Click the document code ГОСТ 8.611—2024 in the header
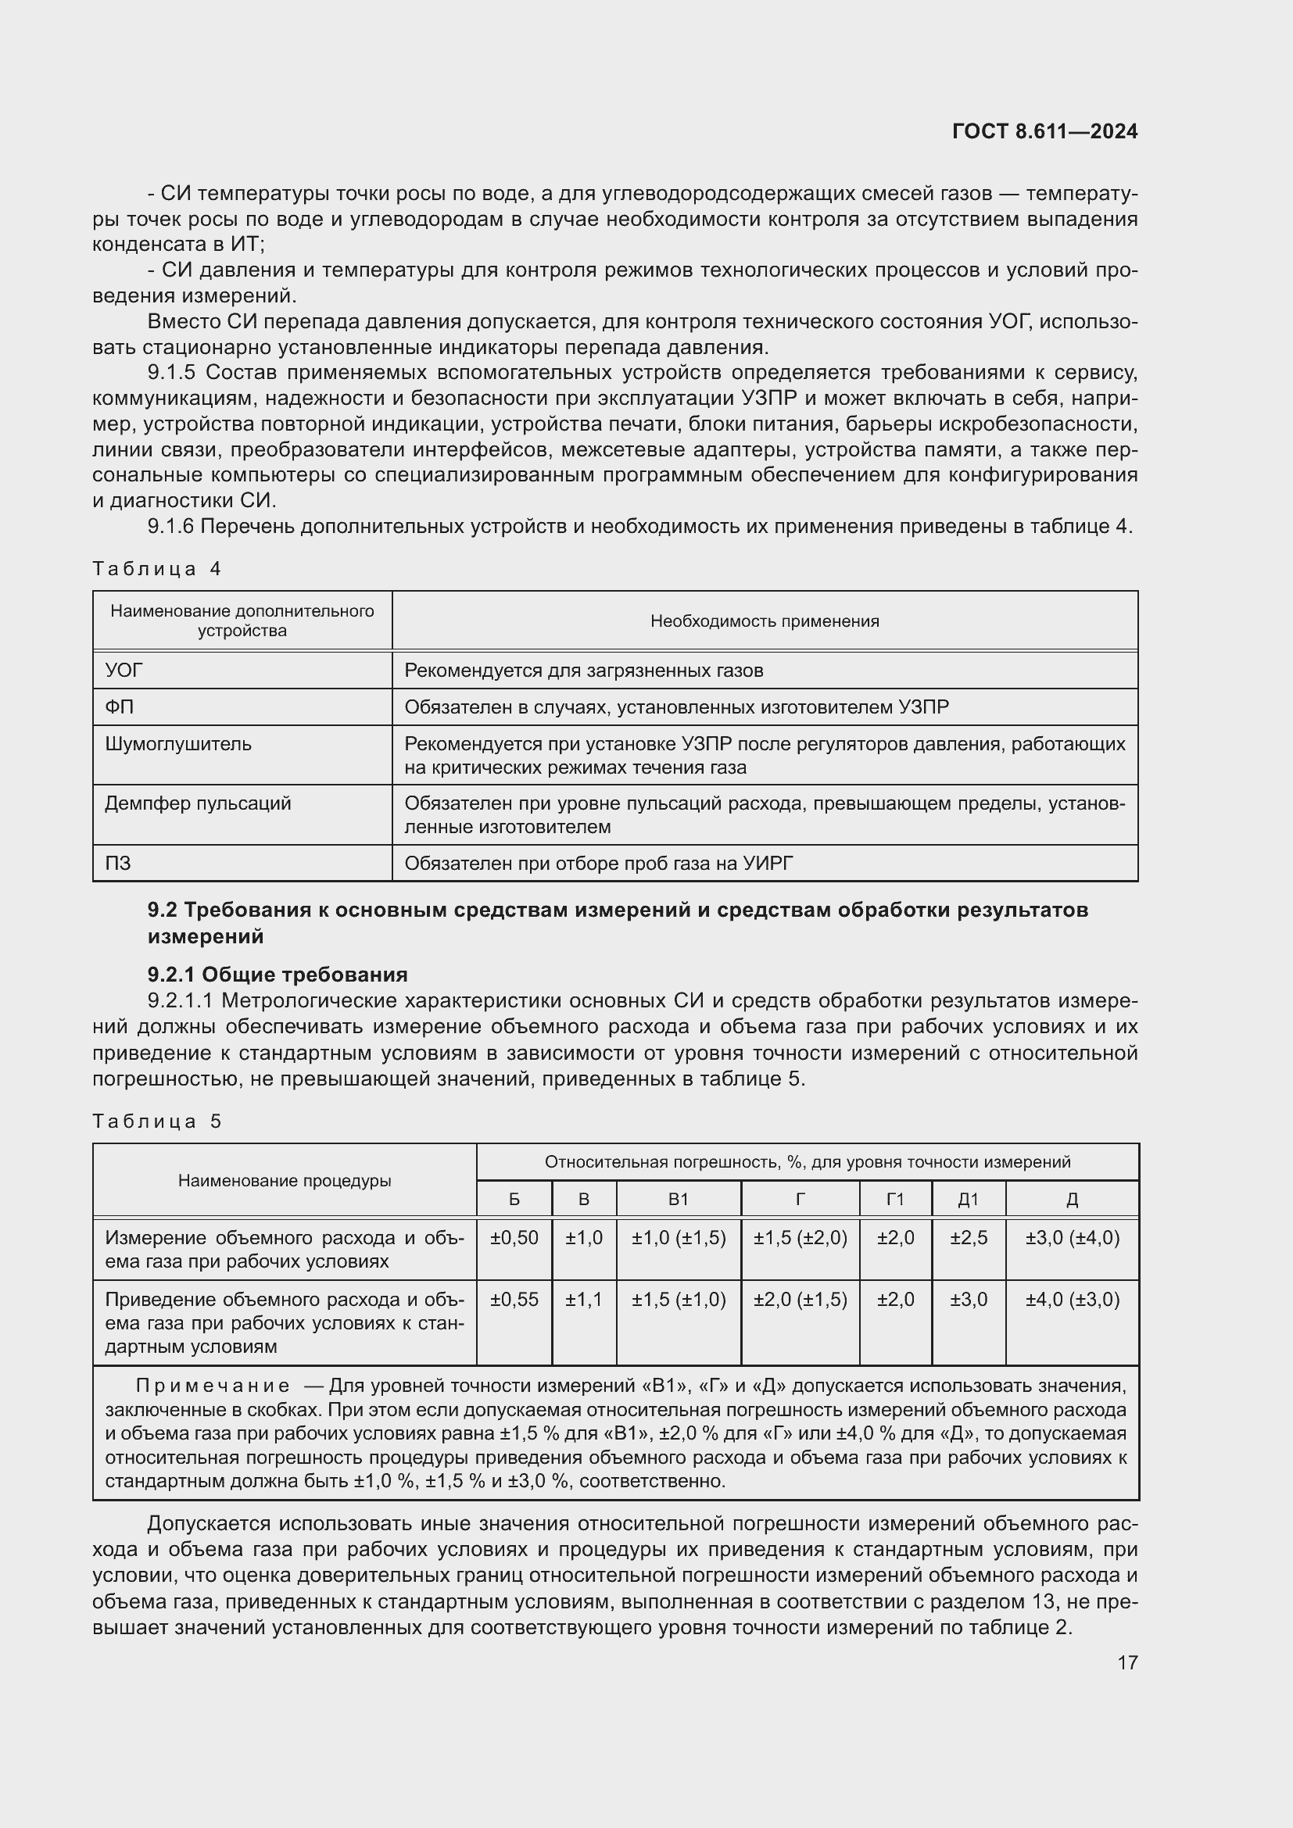(x=1044, y=131)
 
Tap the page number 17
(x=1126, y=1662)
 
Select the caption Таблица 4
(x=156, y=568)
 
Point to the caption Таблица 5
(x=156, y=1121)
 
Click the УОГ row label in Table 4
(x=124, y=671)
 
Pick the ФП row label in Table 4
(x=120, y=707)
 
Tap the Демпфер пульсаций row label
(x=198, y=803)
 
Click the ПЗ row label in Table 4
(x=118, y=863)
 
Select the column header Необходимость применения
(x=765, y=621)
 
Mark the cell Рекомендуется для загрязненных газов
(x=584, y=671)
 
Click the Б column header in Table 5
(x=514, y=1199)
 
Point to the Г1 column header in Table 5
(x=895, y=1199)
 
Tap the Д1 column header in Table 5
(x=968, y=1199)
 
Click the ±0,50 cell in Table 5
(x=514, y=1238)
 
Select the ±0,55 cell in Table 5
(x=514, y=1300)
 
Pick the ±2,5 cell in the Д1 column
(x=968, y=1238)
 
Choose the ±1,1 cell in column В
(x=584, y=1300)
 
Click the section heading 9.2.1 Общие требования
(x=277, y=975)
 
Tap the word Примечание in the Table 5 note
(x=213, y=1386)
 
